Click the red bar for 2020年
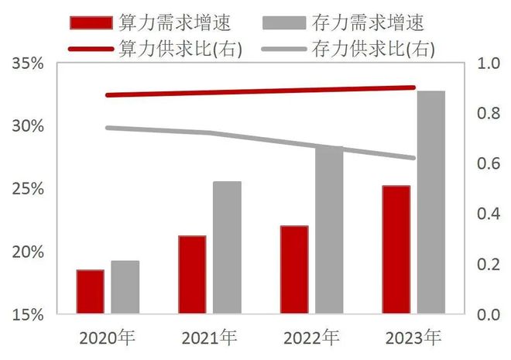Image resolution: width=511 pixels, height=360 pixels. (x=90, y=292)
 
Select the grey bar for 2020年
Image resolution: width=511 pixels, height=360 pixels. (x=125, y=287)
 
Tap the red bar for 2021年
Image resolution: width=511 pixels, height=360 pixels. (x=192, y=275)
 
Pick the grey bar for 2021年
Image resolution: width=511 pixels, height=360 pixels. (x=227, y=248)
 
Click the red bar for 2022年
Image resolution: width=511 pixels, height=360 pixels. (x=294, y=270)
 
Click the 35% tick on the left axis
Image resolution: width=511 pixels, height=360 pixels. (x=27, y=63)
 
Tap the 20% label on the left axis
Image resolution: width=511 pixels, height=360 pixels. (x=27, y=252)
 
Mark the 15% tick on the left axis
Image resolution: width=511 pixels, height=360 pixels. (x=27, y=314)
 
